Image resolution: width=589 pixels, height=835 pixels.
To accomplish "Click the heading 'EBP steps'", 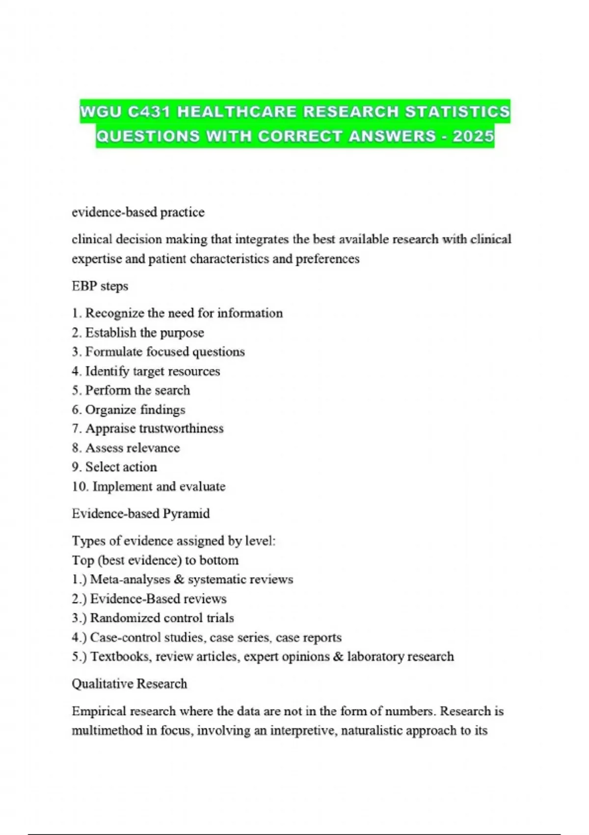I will [x=100, y=286].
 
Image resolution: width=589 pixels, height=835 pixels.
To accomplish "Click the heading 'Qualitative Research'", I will [x=129, y=684].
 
